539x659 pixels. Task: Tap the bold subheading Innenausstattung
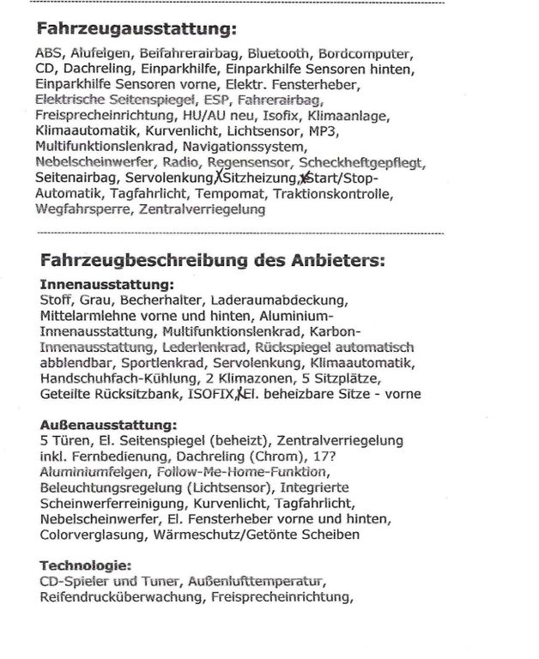point(106,284)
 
